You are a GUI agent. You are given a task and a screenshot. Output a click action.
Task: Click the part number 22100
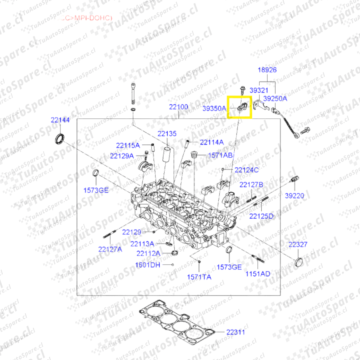pos(178,107)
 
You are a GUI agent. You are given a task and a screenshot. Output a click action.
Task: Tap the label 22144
pos(60,120)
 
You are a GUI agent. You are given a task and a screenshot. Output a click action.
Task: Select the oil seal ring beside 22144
pos(60,138)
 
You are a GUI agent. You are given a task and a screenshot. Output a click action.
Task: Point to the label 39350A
pos(214,108)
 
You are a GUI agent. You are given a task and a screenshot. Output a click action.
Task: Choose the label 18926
pos(267,70)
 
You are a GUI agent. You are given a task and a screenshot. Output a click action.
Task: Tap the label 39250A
pos(275,99)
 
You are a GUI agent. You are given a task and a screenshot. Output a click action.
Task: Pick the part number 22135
pos(167,134)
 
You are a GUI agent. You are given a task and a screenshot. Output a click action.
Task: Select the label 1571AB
pos(220,155)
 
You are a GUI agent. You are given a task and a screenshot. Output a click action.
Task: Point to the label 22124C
pos(247,170)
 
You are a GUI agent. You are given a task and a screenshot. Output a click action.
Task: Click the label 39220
pos(294,196)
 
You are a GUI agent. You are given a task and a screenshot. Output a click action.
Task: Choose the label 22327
pos(298,245)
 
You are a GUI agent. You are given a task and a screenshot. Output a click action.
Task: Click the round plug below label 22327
pos(299,262)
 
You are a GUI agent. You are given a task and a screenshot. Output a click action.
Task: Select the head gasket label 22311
pos(236,332)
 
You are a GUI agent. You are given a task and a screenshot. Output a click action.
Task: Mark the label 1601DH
pos(147,265)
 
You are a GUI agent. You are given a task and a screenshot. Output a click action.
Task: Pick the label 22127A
pos(110,249)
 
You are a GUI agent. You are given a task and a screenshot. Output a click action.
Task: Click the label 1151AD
pos(258,274)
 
